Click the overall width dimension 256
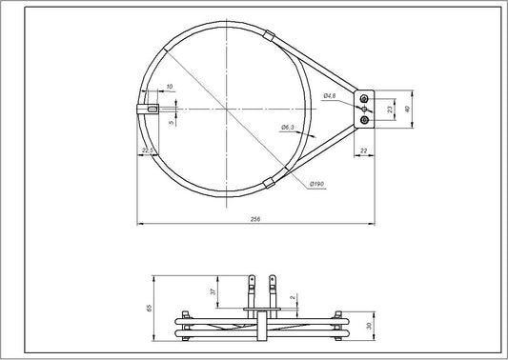point(254,220)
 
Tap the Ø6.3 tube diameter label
point(286,126)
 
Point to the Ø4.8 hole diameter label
point(330,96)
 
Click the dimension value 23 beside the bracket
point(391,110)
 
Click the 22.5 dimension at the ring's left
point(147,150)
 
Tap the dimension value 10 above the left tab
point(168,88)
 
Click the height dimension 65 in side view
point(149,308)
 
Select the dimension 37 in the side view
point(213,292)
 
